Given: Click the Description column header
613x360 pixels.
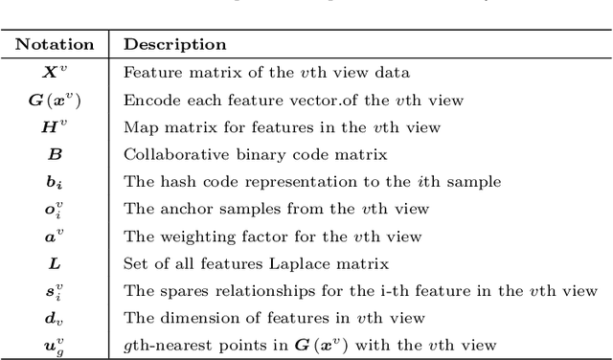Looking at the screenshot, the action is pyautogui.click(x=175, y=44).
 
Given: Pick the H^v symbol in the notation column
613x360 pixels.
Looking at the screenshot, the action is pyautogui.click(x=55, y=125).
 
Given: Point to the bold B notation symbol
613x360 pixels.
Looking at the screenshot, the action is pyautogui.click(x=55, y=153).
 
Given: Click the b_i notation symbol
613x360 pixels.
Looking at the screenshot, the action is pyautogui.click(x=55, y=181).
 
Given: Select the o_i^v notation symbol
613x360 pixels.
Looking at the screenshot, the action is pyautogui.click(x=55, y=209).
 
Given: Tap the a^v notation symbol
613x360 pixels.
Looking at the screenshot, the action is pyautogui.click(x=55, y=236).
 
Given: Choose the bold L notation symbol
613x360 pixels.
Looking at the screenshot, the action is pyautogui.click(x=55, y=263).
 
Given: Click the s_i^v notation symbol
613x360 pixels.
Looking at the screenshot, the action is pyautogui.click(x=55, y=291).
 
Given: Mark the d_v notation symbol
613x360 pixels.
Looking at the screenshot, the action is pyautogui.click(x=55, y=319).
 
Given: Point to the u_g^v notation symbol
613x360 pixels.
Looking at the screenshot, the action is pyautogui.click(x=55, y=346).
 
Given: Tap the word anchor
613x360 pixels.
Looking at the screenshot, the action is pyautogui.click(x=176, y=209).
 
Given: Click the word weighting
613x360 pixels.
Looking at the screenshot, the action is pyautogui.click(x=186, y=236).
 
